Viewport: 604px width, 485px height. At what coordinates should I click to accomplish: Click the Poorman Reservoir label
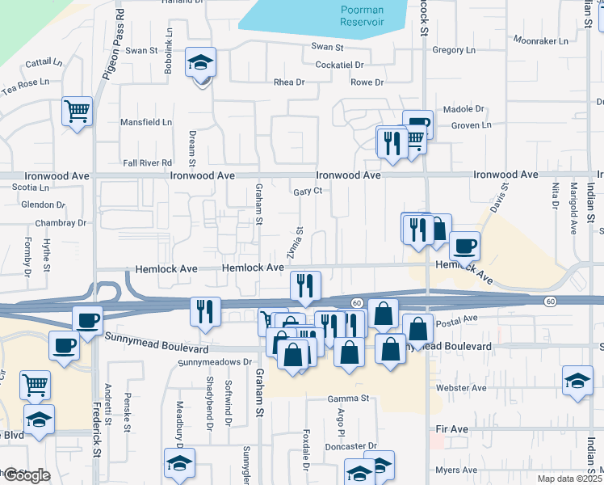click(x=361, y=15)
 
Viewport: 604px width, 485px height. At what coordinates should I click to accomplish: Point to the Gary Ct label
click(x=308, y=191)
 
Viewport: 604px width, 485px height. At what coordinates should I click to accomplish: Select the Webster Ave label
click(x=463, y=388)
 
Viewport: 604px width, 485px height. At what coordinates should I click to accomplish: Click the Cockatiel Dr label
click(x=340, y=65)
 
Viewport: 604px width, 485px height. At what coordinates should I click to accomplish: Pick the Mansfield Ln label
click(x=146, y=122)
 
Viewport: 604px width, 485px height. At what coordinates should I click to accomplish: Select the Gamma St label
click(x=348, y=399)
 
